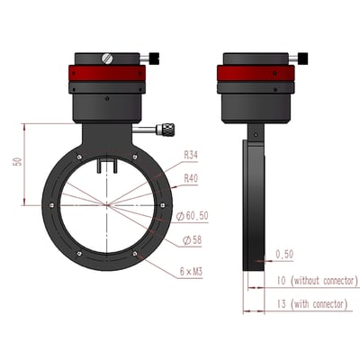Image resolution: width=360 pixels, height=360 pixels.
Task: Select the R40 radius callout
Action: pos(191,178)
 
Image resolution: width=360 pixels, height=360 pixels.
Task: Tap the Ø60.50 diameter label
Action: pos(195,216)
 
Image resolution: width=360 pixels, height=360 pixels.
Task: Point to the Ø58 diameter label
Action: pos(192,239)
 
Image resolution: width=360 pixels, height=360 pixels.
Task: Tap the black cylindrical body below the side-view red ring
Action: pos(256,107)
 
